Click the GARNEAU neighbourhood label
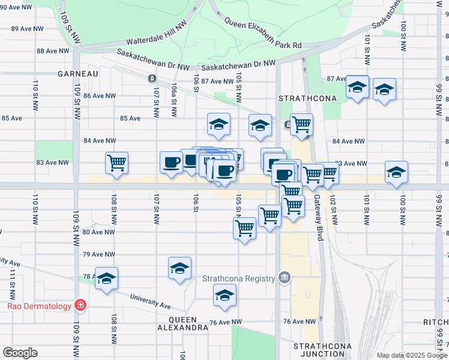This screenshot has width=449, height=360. tap(77, 73)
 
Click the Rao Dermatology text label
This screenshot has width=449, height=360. tap(39, 306)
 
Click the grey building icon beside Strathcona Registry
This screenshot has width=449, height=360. tap(285, 278)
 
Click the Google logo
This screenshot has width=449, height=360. tap(20, 353)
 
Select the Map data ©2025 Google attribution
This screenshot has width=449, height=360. tap(412, 355)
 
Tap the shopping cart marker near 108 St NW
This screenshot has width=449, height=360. tap(116, 162)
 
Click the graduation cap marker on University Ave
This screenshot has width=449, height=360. tap(224, 295)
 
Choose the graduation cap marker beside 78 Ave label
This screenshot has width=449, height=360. tap(107, 278)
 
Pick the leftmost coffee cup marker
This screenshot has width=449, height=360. tap(171, 162)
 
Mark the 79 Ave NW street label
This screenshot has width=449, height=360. tap(99, 254)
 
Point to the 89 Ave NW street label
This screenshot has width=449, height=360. tap(27, 28)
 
